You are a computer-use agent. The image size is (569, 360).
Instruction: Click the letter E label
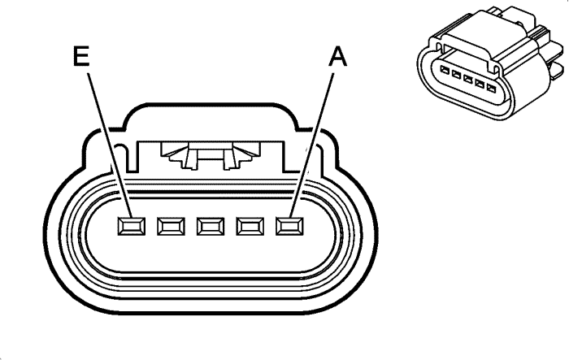tap(81, 56)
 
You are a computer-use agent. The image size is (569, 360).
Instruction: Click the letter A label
tap(337, 57)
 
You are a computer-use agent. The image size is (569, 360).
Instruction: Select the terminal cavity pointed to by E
tap(132, 226)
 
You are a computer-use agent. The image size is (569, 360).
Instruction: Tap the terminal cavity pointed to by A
tap(289, 226)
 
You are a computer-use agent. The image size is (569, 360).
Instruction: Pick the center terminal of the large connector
tap(211, 226)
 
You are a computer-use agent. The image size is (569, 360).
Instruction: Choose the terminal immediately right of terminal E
tap(171, 226)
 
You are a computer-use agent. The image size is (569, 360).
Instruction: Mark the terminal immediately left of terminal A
tap(250, 226)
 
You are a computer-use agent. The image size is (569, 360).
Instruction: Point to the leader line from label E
tap(109, 145)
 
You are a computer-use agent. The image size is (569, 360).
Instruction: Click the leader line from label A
tap(312, 145)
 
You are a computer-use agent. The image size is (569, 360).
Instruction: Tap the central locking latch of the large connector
tap(211, 155)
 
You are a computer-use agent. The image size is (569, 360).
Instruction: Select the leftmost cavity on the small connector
tap(444, 70)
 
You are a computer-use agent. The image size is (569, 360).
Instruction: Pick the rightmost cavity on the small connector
tap(491, 88)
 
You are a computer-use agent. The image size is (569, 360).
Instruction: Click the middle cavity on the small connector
tap(467, 79)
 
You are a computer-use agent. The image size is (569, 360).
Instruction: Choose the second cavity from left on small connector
tap(456, 75)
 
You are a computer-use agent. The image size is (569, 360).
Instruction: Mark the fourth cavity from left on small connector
tap(480, 84)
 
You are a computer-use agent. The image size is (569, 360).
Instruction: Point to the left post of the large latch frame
tap(132, 157)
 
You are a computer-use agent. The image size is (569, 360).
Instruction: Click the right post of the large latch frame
tap(289, 157)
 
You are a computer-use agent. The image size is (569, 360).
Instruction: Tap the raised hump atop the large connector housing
tap(211, 115)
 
